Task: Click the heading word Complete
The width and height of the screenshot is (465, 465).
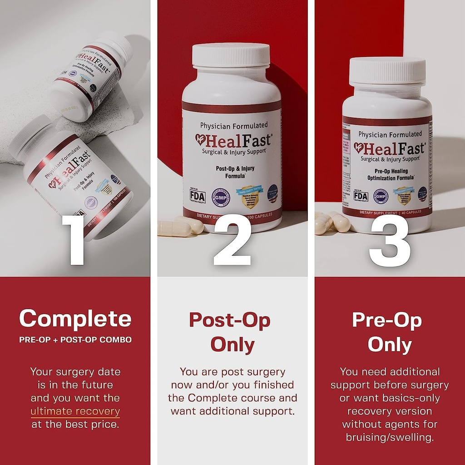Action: click(x=75, y=318)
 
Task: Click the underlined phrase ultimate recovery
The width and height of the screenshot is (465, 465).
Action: click(x=75, y=411)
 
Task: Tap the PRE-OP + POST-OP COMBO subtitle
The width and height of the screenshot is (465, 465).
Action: click(x=75, y=340)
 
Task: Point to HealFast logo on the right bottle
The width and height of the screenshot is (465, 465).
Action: click(x=389, y=148)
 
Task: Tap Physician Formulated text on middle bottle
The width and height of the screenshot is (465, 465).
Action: click(x=234, y=125)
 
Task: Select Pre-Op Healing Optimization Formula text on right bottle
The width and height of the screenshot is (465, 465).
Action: click(x=387, y=174)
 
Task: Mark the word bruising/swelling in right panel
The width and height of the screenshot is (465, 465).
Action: click(x=390, y=438)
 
